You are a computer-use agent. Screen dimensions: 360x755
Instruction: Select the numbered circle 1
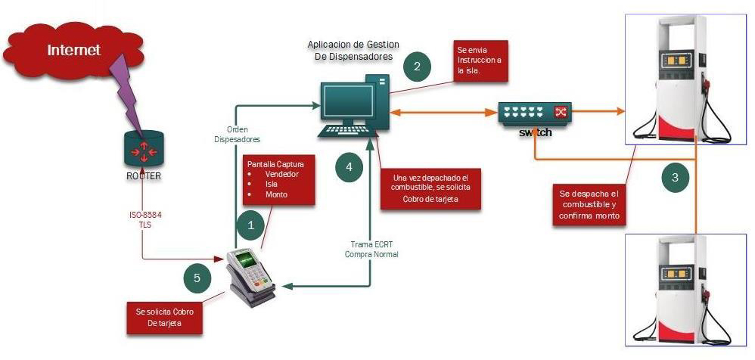click(x=250, y=225)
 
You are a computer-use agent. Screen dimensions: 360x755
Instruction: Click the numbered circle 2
click(x=417, y=66)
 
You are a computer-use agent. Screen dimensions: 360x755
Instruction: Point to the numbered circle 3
click(x=675, y=178)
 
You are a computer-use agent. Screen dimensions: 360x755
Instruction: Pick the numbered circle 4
click(x=348, y=166)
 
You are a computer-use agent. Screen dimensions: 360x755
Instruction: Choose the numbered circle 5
click(x=197, y=278)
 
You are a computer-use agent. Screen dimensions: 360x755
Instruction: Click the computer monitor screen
click(x=349, y=102)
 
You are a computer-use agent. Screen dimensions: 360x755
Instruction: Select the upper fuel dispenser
click(x=679, y=79)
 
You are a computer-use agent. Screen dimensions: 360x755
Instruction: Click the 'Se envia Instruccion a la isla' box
click(x=479, y=61)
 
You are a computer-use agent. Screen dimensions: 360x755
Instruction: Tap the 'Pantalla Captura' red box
click(x=277, y=180)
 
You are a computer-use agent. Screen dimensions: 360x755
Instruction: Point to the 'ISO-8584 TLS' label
click(x=143, y=220)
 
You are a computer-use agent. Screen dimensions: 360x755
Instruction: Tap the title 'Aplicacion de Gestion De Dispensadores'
click(x=353, y=50)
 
